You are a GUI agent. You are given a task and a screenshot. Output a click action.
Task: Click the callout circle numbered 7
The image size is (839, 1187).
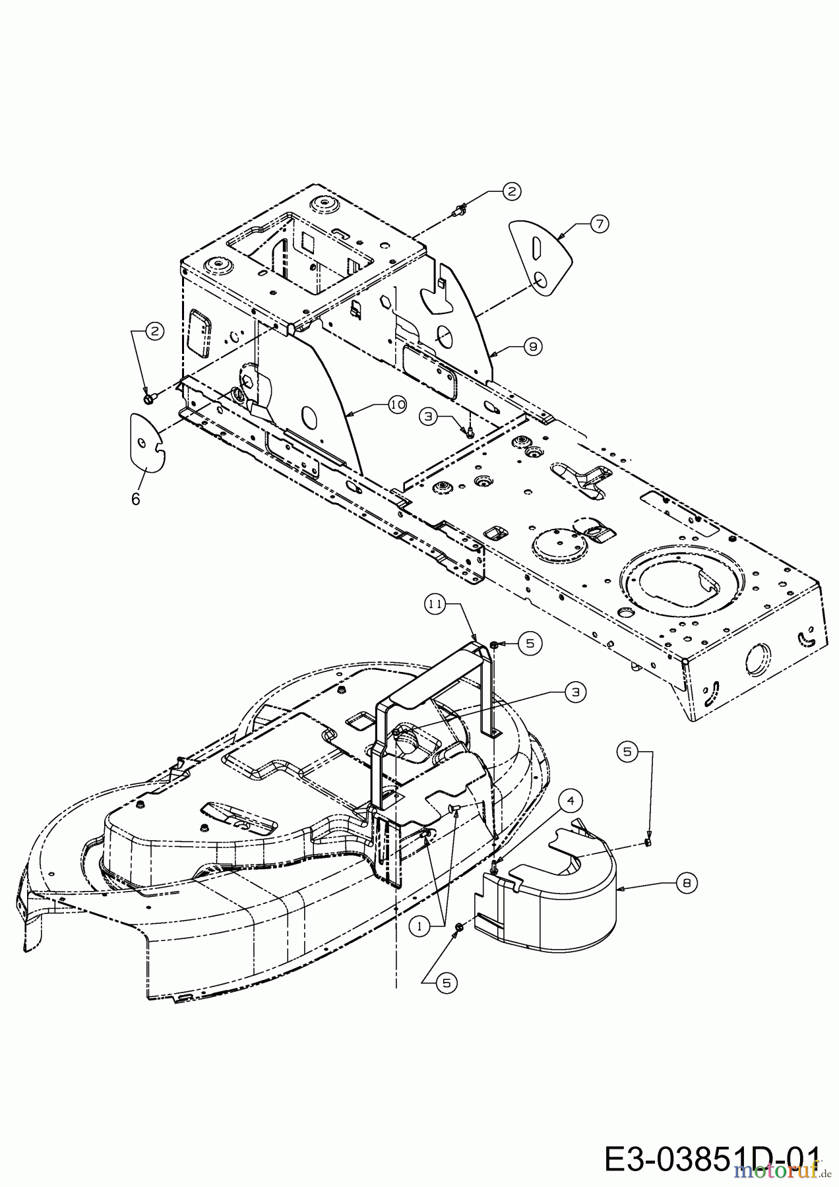click(599, 224)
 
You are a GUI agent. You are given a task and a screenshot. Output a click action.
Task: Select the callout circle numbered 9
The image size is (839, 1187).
click(534, 345)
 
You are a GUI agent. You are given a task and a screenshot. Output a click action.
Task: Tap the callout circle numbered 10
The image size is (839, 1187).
click(397, 406)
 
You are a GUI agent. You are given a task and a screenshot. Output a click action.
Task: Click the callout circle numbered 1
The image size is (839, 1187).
click(418, 926)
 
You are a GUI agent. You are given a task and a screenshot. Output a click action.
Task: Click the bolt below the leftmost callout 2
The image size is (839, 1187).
click(148, 398)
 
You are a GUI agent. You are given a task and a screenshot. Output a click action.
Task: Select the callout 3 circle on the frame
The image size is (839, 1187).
click(429, 416)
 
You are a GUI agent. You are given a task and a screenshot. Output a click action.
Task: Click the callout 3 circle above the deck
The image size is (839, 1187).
click(576, 692)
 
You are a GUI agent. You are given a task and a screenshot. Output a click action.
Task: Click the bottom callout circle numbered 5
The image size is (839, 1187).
click(447, 983)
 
